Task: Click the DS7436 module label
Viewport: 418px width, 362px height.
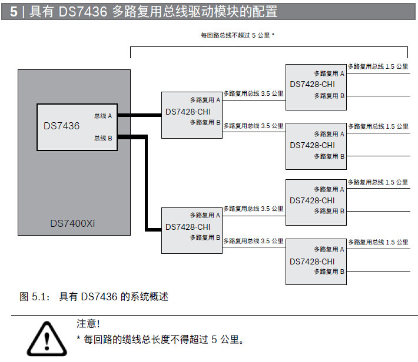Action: click(x=61, y=126)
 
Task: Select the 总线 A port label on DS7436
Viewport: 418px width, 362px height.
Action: click(x=103, y=116)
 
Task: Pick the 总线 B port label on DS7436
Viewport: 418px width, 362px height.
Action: click(x=103, y=138)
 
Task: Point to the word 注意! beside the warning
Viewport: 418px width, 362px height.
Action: click(x=88, y=323)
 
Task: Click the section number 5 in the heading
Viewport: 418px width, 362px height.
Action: click(x=13, y=11)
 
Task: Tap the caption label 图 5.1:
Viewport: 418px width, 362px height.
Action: click(x=33, y=297)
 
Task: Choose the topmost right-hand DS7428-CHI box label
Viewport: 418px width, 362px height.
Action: click(x=312, y=85)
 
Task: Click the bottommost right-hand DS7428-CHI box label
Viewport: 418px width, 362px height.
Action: click(x=312, y=261)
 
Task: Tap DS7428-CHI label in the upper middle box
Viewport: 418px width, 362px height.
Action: click(x=188, y=112)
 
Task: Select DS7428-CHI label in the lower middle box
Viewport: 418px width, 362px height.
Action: click(x=188, y=227)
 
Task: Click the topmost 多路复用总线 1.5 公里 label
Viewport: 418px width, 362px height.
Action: click(x=378, y=66)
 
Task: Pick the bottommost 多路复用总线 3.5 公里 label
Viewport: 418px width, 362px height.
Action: click(x=253, y=241)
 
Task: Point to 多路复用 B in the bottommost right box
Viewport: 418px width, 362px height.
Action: click(x=329, y=271)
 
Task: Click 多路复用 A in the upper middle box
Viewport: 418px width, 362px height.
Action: click(x=205, y=100)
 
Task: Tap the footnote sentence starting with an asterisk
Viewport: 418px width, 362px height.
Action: click(x=160, y=340)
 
